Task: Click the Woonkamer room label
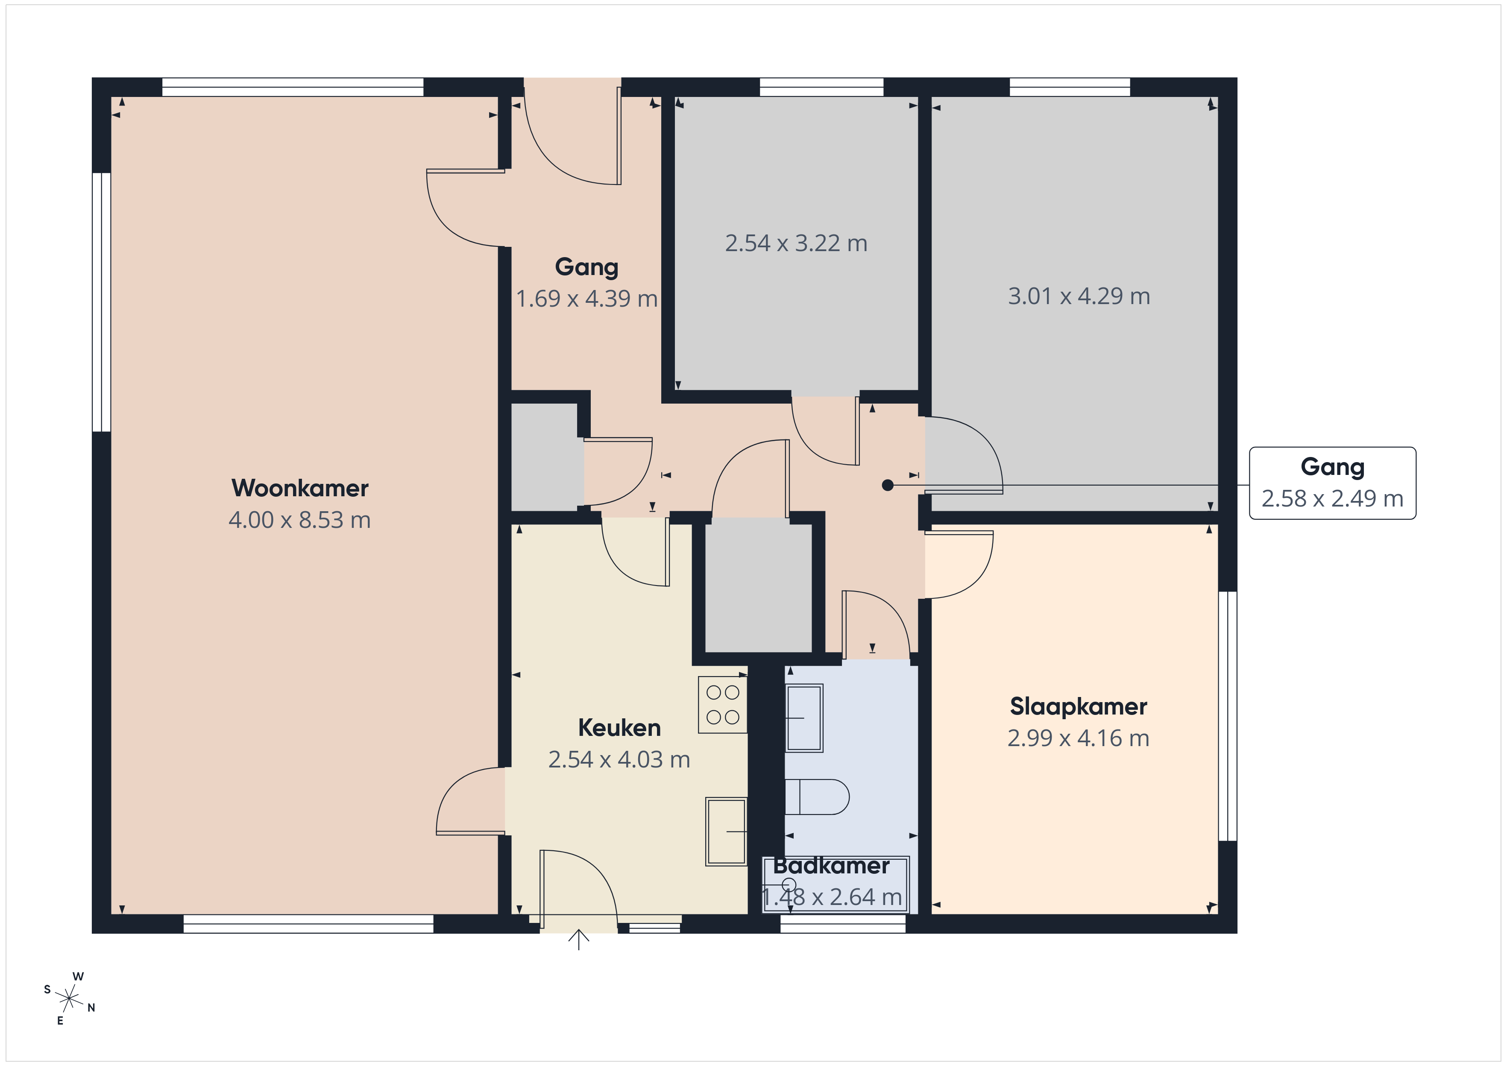[300, 488]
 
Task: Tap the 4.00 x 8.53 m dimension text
[300, 520]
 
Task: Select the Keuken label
[619, 727]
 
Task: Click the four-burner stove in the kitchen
[723, 704]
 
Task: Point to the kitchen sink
[726, 831]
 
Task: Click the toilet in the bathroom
[817, 797]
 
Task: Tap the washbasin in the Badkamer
[804, 718]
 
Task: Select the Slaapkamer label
[1079, 706]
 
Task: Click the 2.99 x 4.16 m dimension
[1079, 738]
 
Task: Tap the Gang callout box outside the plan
[1332, 483]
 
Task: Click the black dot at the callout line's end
[887, 485]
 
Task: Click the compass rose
[69, 999]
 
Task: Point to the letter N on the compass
[91, 1007]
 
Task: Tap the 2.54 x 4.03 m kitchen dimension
[619, 759]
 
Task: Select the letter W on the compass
[78, 977]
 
